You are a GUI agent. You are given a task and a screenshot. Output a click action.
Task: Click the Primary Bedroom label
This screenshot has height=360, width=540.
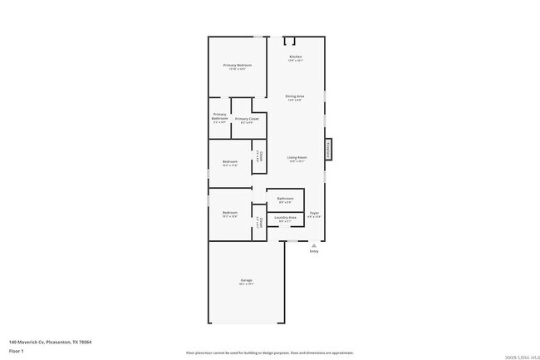point(237,65)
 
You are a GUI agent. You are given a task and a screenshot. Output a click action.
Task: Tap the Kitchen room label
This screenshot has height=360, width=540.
point(295,57)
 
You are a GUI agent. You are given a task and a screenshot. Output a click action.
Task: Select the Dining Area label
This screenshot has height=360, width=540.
point(295,96)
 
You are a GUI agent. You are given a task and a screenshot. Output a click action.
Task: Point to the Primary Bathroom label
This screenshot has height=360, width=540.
point(219,116)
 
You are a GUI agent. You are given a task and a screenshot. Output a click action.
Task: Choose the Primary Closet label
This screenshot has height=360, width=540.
point(247,119)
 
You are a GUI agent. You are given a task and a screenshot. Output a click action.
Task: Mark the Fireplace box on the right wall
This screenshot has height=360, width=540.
point(328,149)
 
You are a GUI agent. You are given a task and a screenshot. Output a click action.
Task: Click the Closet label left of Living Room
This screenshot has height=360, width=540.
point(259,157)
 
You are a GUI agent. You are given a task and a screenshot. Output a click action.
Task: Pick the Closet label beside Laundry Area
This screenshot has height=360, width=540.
point(259,222)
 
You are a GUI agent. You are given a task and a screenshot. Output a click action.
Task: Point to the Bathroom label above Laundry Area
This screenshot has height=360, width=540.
point(285,199)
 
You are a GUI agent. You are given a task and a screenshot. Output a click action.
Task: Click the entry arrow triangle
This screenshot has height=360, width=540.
point(313,245)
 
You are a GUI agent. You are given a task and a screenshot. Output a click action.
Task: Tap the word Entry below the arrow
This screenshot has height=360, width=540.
point(313,252)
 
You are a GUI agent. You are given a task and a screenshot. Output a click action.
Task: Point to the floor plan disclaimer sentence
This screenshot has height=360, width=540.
point(270,353)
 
